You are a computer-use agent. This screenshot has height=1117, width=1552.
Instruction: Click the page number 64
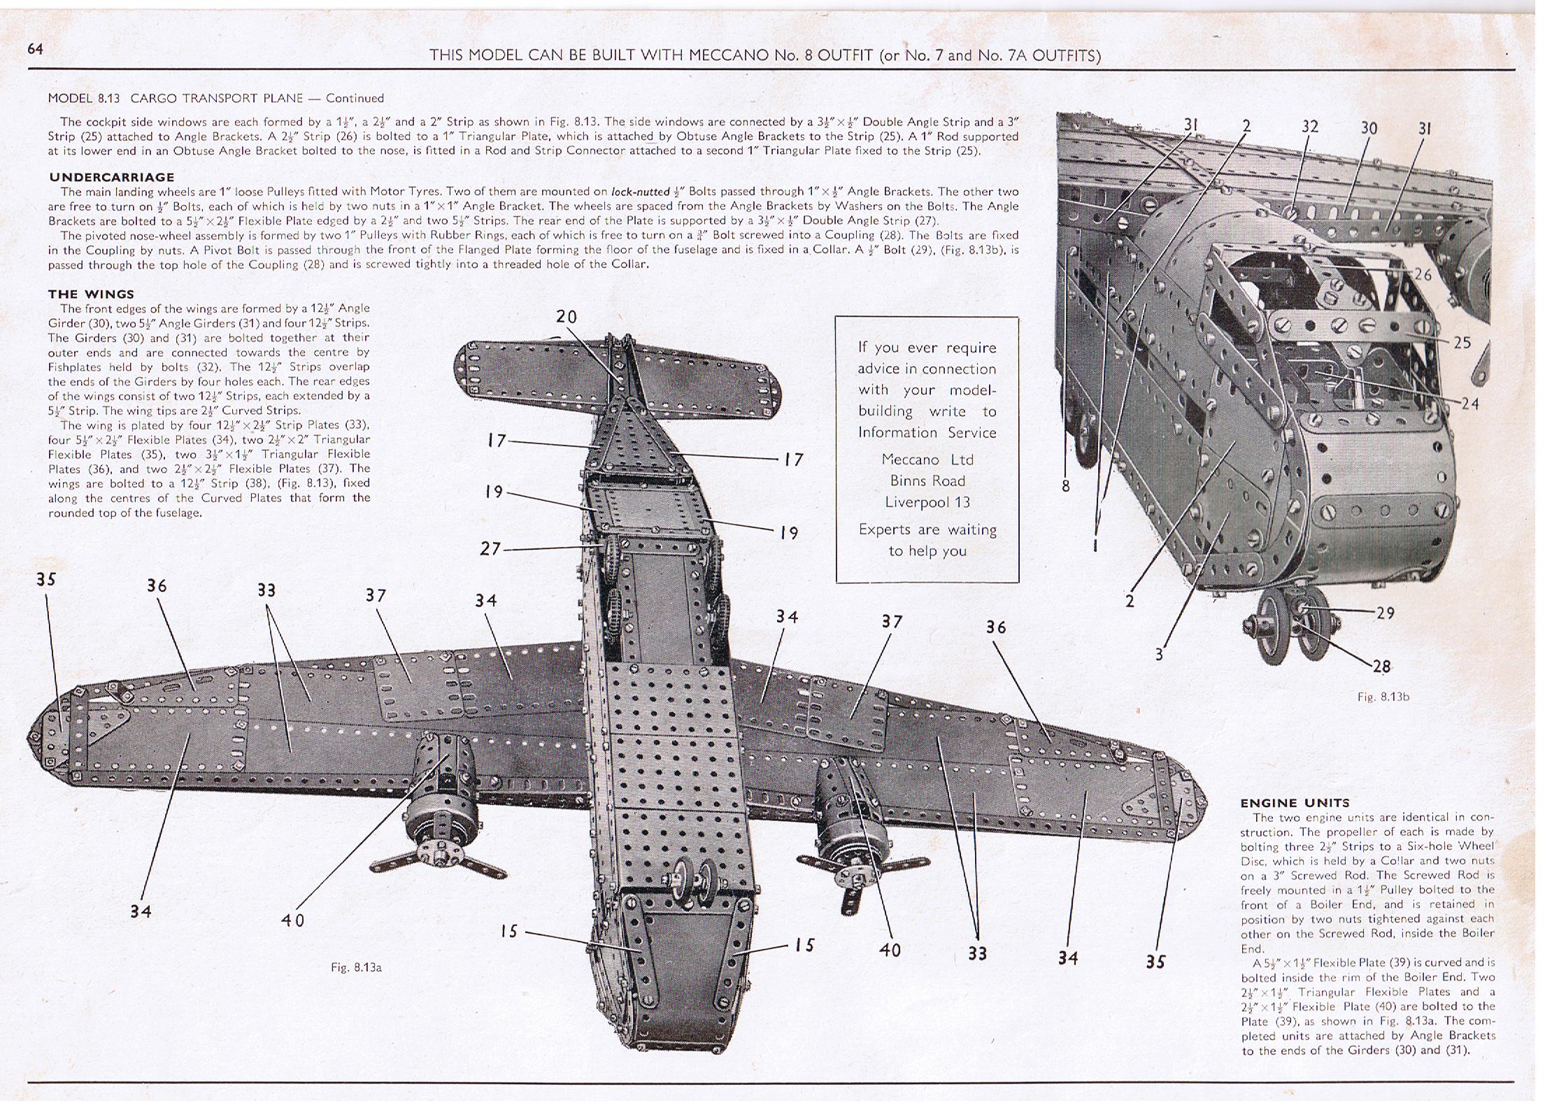coord(36,48)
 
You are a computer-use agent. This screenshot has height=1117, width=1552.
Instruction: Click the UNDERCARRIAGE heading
coord(111,177)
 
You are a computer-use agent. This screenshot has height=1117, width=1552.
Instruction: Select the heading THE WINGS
coord(91,294)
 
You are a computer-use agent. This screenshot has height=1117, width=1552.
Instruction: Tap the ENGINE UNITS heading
coord(1295,802)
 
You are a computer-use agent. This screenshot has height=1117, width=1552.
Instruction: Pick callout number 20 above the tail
coord(566,316)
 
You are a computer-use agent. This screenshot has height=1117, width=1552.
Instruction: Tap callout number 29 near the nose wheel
coord(1385,613)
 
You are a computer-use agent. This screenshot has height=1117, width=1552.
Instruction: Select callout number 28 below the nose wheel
coord(1381,666)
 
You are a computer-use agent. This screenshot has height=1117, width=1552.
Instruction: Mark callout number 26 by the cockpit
coord(1423,274)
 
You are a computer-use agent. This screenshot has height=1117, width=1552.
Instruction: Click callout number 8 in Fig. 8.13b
coord(1065,485)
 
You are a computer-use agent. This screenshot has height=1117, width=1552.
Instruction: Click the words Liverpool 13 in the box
coord(927,502)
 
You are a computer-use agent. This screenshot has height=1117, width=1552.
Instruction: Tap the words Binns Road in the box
coord(927,481)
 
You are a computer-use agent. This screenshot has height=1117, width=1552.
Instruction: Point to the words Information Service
coord(927,432)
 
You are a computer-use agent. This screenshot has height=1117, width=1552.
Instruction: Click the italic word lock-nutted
coord(640,192)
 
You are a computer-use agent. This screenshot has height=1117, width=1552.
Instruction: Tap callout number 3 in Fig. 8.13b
coord(1159,655)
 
